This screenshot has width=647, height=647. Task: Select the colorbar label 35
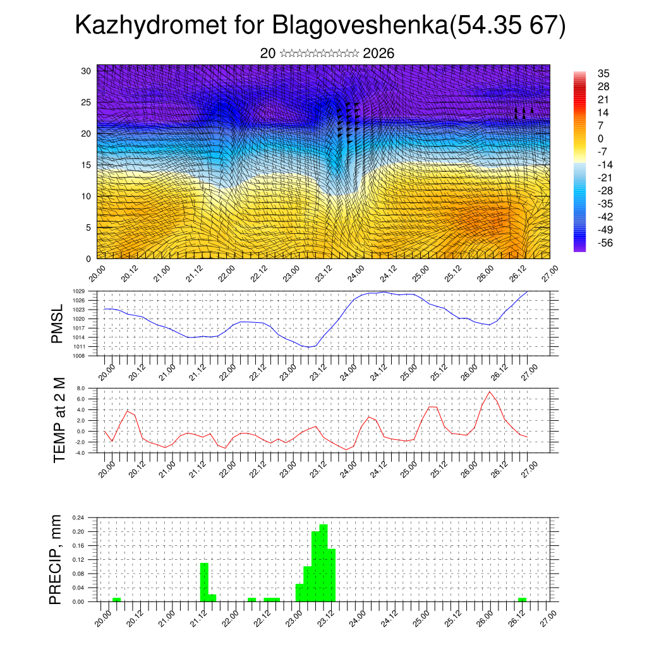(603, 74)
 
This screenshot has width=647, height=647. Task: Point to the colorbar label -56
(606, 243)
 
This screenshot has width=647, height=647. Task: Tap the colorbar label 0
(600, 139)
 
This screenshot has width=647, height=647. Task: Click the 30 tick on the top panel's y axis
(87, 70)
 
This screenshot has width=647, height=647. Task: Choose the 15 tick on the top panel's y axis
(87, 165)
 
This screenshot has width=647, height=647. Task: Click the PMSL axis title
(57, 323)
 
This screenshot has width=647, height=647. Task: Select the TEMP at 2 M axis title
(59, 420)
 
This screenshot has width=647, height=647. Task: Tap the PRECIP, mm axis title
(56, 559)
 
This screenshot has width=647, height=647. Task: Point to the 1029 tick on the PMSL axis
(78, 291)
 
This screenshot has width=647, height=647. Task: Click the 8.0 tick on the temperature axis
(80, 388)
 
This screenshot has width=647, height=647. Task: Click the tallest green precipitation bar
(323, 562)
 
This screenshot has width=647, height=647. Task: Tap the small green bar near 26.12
(522, 599)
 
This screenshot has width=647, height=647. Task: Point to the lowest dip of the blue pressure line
(308, 347)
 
